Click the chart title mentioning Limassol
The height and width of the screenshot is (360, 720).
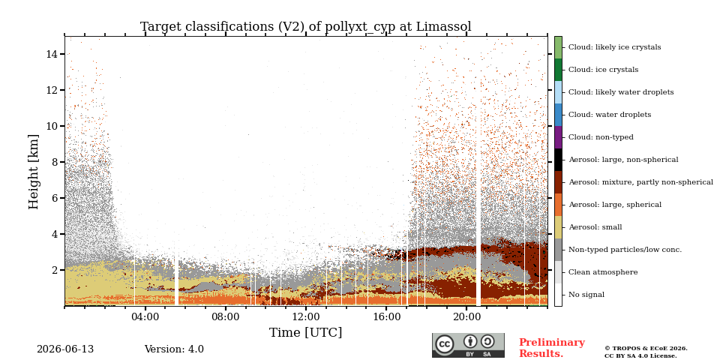coord(306,27)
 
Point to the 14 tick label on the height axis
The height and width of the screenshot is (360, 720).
coord(52,54)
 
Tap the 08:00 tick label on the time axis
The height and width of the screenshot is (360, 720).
coord(226,316)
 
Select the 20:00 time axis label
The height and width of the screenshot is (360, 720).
coord(466,316)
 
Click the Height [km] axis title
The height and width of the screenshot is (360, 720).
coord(34,172)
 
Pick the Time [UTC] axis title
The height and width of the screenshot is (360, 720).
coord(306,332)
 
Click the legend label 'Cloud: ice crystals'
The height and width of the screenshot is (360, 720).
coord(603,70)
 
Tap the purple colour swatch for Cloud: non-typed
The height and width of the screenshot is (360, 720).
coord(558,137)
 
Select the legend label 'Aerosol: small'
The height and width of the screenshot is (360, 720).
coord(595,227)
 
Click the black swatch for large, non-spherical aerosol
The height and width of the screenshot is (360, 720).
coord(558,160)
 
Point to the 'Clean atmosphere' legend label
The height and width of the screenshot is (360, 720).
coord(603,272)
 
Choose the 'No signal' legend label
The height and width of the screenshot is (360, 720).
coord(586,295)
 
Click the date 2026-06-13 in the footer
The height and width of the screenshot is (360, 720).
coord(65,349)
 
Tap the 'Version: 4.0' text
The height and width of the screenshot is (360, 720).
coord(174,349)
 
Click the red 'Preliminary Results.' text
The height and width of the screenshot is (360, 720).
coord(552,348)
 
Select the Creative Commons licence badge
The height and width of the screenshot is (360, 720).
coord(468,345)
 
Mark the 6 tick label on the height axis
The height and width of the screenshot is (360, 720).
coord(55,198)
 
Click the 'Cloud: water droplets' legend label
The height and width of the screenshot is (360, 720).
coord(610,115)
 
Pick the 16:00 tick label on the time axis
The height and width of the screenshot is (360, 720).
coord(386,316)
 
